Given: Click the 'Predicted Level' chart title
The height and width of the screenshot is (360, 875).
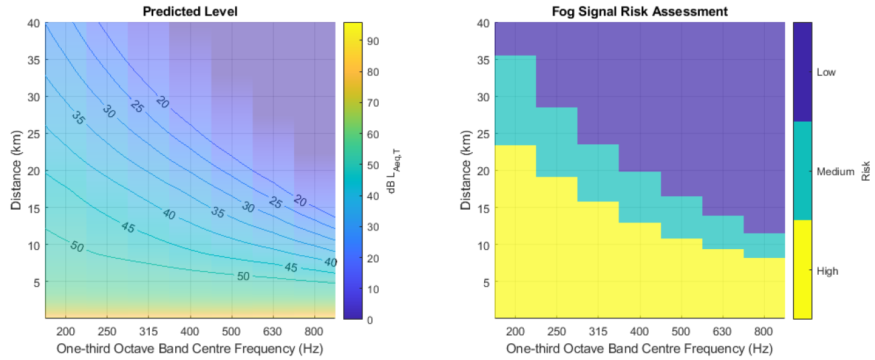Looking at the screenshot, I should tap(190, 11).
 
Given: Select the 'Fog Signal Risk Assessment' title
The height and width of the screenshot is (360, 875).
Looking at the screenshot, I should tap(639, 11).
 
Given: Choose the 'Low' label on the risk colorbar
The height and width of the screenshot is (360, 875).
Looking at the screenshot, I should tap(826, 72).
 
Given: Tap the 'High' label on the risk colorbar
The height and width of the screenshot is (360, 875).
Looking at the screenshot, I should tap(827, 271).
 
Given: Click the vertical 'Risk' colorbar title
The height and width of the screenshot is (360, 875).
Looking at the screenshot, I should tap(866, 171).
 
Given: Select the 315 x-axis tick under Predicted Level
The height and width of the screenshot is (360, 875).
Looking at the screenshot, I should tap(148, 331).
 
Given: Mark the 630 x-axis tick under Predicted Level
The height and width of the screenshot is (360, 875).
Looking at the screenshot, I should tap(273, 331).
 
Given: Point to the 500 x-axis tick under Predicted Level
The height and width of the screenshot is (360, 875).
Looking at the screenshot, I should tap(231, 331).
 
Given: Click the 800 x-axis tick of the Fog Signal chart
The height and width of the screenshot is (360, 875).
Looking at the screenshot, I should tap(764, 331).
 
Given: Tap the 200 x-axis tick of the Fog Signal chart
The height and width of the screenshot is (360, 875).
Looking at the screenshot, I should tap(515, 331).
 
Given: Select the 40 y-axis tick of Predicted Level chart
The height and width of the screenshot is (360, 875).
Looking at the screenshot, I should tap(34, 23).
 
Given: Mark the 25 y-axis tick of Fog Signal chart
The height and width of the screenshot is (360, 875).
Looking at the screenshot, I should tap(483, 134).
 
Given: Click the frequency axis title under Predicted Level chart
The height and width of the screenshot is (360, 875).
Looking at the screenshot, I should tap(190, 348).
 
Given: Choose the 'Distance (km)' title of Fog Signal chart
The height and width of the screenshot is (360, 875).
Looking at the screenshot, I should tap(465, 171).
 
